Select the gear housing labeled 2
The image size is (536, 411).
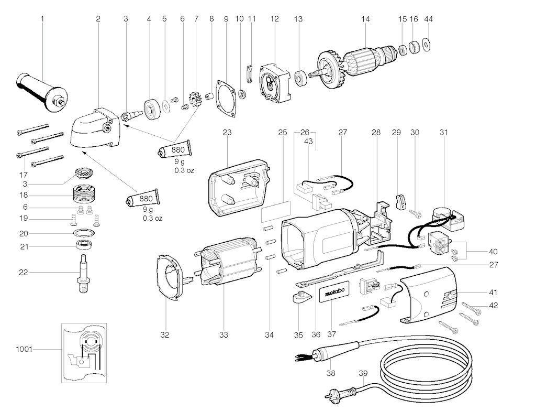[x=95, y=128]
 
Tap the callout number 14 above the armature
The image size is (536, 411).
[x=365, y=19]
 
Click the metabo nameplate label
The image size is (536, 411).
[x=334, y=291]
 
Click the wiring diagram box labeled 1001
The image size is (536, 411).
[x=84, y=353]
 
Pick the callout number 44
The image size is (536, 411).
[x=428, y=19]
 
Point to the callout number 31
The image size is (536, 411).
[x=443, y=133]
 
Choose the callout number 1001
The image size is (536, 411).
[x=24, y=349]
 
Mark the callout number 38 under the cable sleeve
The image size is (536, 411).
[x=331, y=373]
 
